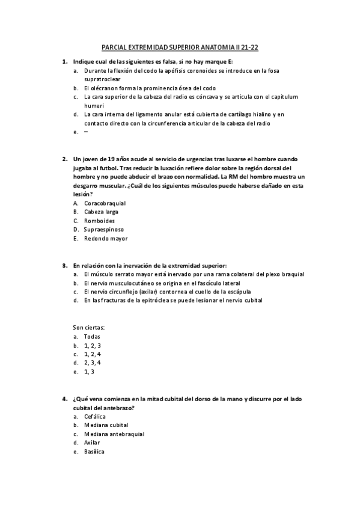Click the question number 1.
tap(64, 61)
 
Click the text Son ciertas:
tap(89, 327)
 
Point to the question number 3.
tap(64, 265)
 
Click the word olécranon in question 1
tap(104, 88)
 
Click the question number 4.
tap(64, 399)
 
